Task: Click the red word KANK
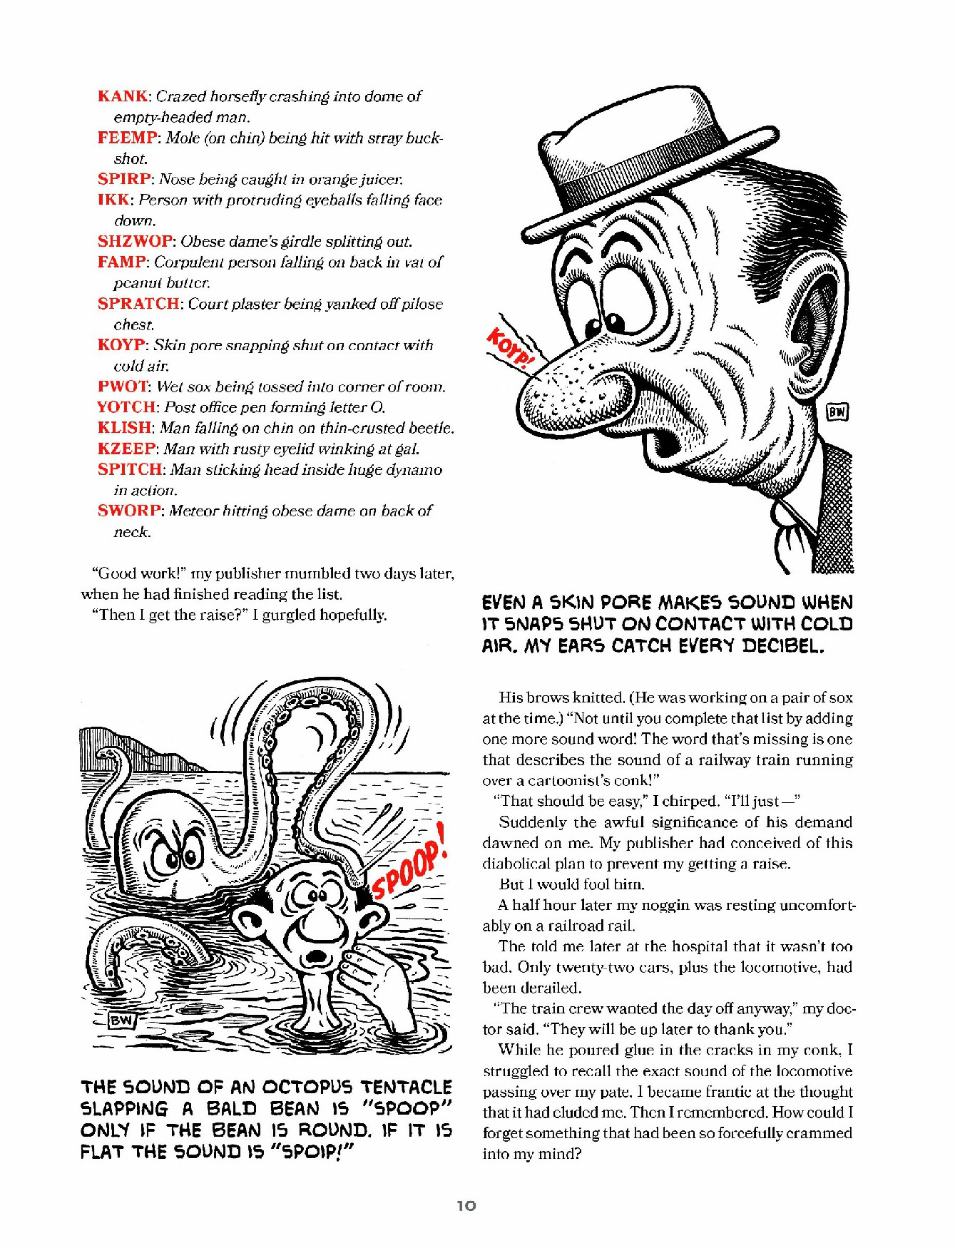123,96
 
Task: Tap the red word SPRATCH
138,304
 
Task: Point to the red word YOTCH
126,407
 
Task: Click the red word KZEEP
126,449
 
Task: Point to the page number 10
466,1205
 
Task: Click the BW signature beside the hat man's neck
837,411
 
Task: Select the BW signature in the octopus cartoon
121,1021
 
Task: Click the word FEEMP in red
126,138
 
